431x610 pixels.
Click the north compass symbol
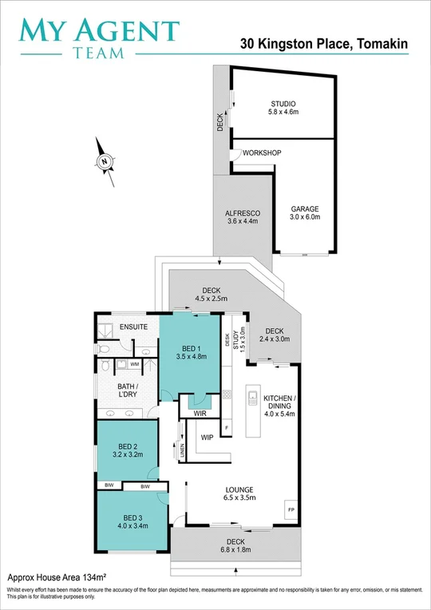pyautogui.click(x=104, y=161)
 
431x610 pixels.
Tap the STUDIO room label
pyautogui.click(x=283, y=104)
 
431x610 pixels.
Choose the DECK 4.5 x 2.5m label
pyautogui.click(x=212, y=295)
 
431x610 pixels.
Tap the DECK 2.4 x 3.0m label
pyautogui.click(x=274, y=335)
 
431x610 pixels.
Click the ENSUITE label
pyautogui.click(x=133, y=327)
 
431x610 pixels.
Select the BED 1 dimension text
pyautogui.click(x=191, y=357)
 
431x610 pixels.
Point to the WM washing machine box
pyautogui.click(x=134, y=364)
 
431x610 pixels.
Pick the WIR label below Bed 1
pyautogui.click(x=188, y=414)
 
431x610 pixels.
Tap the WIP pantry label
pyautogui.click(x=207, y=438)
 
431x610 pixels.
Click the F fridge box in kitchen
pyautogui.click(x=227, y=429)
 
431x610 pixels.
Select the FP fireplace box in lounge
pyautogui.click(x=290, y=508)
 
